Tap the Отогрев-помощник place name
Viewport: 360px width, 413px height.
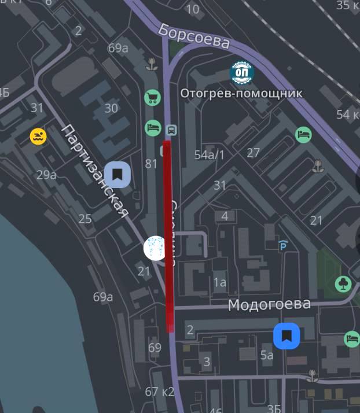click(241, 93)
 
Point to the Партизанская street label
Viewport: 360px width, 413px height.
click(94, 171)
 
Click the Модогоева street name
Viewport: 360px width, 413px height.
click(269, 304)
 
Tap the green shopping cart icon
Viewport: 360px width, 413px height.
click(152, 97)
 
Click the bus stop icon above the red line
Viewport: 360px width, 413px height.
click(171, 129)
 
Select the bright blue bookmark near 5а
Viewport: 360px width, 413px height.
click(286, 336)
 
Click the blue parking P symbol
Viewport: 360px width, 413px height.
click(282, 246)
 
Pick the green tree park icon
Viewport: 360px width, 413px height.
click(343, 284)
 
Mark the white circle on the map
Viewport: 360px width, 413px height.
click(155, 248)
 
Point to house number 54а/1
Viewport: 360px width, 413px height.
click(209, 154)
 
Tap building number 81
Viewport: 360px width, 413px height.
click(151, 164)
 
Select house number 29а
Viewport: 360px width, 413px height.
click(46, 175)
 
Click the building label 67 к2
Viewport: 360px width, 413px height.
click(160, 392)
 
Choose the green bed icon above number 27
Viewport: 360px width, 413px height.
click(303, 135)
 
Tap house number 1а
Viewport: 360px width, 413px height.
click(219, 282)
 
